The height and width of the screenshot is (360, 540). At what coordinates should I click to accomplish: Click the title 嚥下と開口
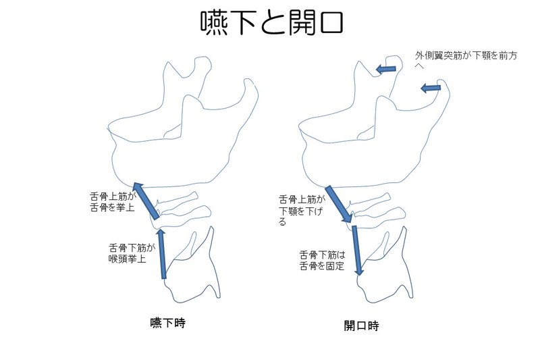coord(273,23)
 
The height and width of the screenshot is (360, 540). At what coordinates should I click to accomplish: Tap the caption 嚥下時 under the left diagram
coord(167,323)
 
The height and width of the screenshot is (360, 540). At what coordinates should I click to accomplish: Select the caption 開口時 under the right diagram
coord(361,326)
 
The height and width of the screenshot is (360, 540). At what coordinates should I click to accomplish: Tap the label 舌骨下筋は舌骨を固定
coord(322,261)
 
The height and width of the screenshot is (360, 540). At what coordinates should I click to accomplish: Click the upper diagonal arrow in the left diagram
coord(146,201)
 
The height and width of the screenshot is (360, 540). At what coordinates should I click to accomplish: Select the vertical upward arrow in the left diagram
coord(161,254)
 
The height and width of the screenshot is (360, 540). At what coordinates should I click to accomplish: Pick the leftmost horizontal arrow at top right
coord(386,68)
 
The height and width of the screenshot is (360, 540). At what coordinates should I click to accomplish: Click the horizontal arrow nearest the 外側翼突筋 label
coord(430,88)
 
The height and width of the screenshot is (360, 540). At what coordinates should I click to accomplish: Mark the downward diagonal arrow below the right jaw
coord(338,204)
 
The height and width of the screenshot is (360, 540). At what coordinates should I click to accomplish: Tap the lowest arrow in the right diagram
coord(358,251)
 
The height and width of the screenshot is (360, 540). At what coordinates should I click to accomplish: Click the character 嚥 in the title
coord(215,23)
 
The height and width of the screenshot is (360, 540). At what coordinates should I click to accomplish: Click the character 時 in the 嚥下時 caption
coord(179,323)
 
